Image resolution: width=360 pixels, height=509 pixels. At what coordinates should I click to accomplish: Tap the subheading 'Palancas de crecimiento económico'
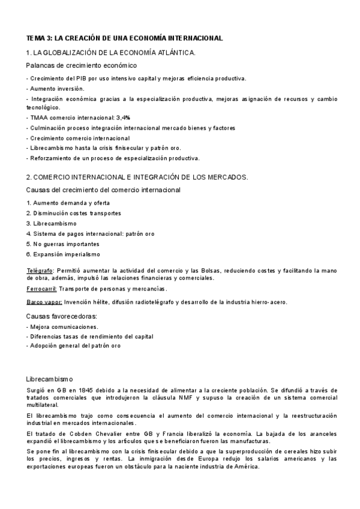point(82,65)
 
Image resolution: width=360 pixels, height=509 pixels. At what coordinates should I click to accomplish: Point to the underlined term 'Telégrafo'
point(40,271)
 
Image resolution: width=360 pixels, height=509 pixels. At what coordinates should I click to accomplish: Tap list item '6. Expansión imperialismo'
point(63,254)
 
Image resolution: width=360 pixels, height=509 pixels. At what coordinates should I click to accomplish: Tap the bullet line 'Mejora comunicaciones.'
point(64,327)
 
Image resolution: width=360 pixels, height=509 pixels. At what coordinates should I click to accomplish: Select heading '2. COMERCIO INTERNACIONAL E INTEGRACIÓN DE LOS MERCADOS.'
point(137,178)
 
